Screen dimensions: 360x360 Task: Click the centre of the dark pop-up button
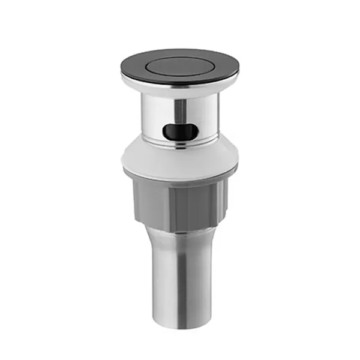(x=179, y=64)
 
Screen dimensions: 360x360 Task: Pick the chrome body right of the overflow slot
(x=207, y=120)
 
